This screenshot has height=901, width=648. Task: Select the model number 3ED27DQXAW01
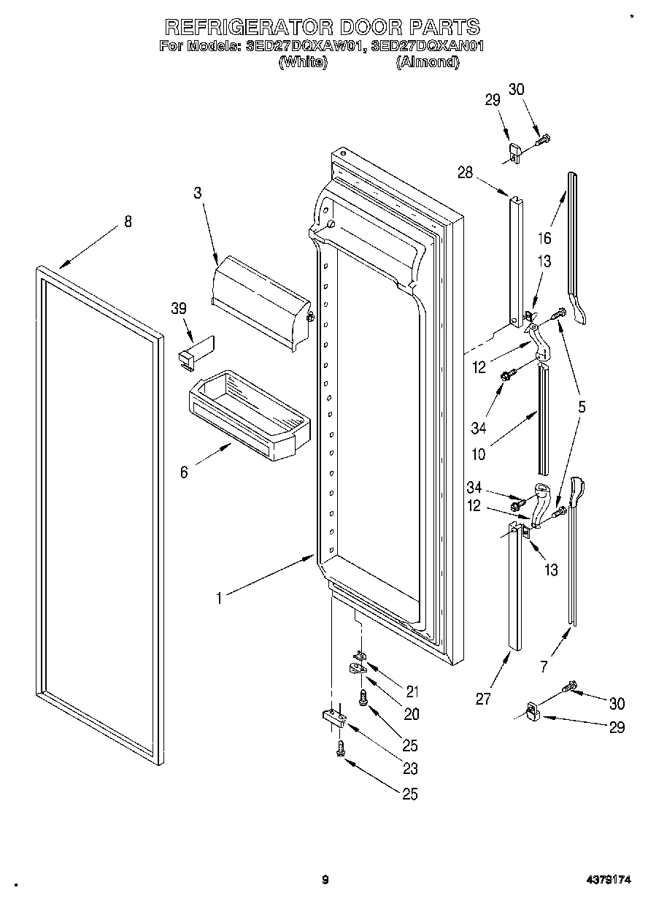coord(304,46)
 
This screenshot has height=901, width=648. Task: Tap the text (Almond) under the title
coord(428,63)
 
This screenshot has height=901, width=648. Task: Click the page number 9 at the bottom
coord(325,880)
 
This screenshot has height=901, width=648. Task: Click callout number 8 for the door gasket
coord(128,222)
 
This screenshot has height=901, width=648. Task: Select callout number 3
coord(197,193)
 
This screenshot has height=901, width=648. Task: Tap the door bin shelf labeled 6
coord(248,416)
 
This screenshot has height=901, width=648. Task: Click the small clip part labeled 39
coord(194,350)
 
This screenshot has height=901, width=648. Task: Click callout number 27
coord(483,699)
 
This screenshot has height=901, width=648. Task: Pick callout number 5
coord(582,407)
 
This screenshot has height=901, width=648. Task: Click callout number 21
coord(412,691)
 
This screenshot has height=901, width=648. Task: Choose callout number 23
coord(411,768)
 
